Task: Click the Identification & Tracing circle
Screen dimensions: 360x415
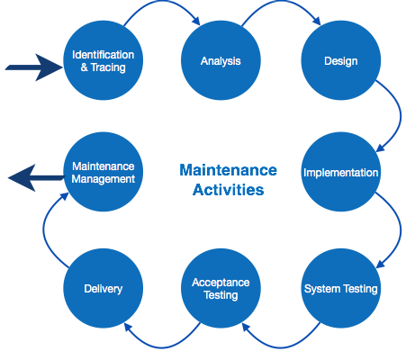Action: tap(104, 61)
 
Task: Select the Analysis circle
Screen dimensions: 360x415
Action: tap(221, 61)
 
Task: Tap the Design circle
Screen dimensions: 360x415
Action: tap(340, 61)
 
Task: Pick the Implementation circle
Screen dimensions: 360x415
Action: tap(340, 171)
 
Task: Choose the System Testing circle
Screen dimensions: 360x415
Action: tap(340, 289)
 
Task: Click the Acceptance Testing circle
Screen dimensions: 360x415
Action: tap(221, 289)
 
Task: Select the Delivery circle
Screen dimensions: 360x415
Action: tap(104, 289)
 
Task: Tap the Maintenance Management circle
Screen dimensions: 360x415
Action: tap(104, 171)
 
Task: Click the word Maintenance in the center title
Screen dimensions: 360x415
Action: tap(228, 170)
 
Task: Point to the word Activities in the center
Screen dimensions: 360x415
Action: tap(228, 191)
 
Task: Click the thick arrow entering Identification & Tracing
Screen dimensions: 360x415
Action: tap(32, 67)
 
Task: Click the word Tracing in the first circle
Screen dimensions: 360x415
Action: tap(108, 67)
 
